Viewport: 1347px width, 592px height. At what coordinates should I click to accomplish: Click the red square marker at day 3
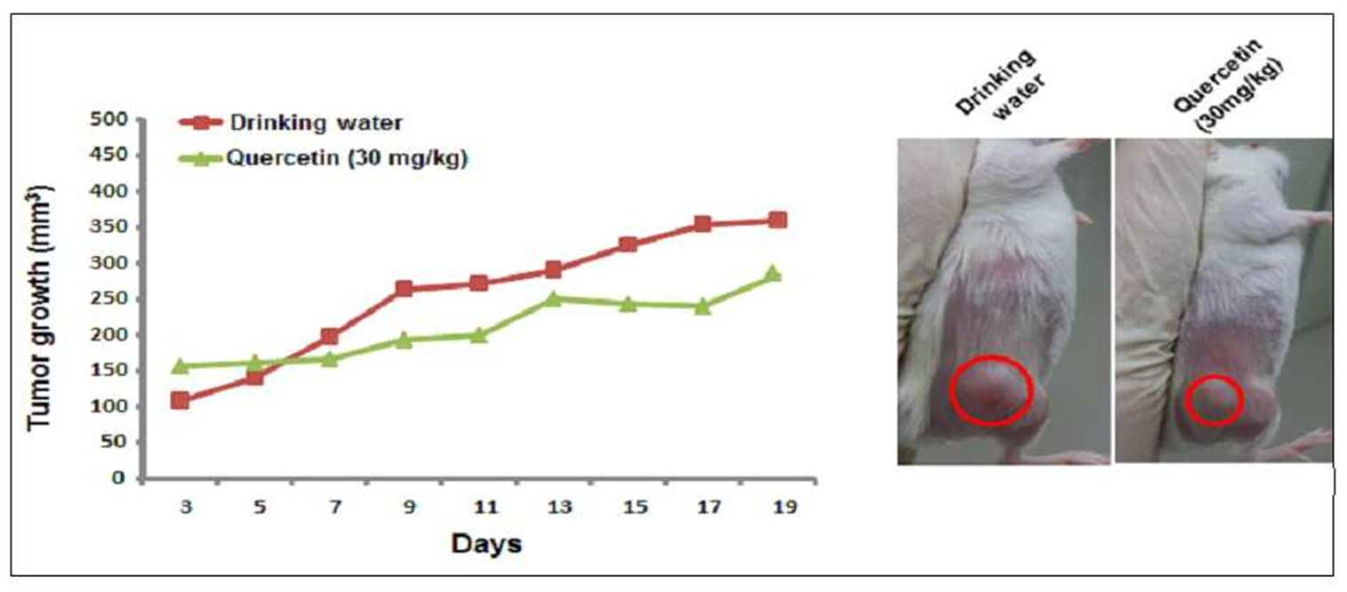(x=180, y=400)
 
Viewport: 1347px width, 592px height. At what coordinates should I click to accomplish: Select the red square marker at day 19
(x=777, y=220)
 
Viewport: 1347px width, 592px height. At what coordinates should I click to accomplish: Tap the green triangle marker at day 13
(x=553, y=298)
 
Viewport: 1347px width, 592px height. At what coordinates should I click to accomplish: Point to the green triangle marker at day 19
(x=774, y=274)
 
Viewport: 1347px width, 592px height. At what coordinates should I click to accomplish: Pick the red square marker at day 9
(x=404, y=289)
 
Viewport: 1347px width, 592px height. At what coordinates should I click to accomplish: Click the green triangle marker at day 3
(x=180, y=365)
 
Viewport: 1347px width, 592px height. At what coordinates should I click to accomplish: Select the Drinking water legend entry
(x=291, y=123)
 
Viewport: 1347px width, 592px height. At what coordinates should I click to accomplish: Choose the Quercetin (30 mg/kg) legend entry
(x=324, y=158)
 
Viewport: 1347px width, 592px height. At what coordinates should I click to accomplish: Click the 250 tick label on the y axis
(x=108, y=299)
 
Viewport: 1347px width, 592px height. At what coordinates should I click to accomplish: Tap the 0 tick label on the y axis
(x=118, y=478)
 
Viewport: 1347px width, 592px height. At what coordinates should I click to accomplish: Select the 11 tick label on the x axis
(x=485, y=508)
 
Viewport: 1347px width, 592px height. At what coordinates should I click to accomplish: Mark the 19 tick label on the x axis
(x=784, y=508)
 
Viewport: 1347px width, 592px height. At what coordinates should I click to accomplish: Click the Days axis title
(x=486, y=543)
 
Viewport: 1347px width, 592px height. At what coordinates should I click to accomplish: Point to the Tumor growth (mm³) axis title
(x=40, y=308)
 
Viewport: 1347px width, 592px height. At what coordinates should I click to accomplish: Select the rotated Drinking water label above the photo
(x=1000, y=84)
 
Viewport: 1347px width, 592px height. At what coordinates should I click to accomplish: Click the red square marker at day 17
(x=702, y=224)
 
